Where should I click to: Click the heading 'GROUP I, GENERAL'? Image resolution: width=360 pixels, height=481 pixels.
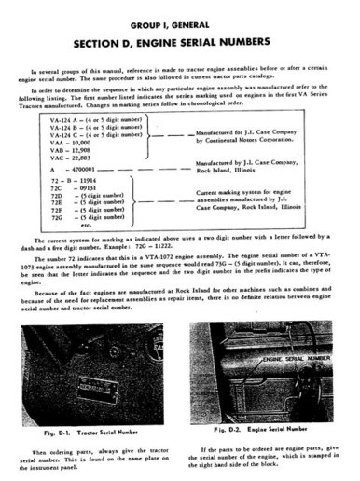pos(179,21)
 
